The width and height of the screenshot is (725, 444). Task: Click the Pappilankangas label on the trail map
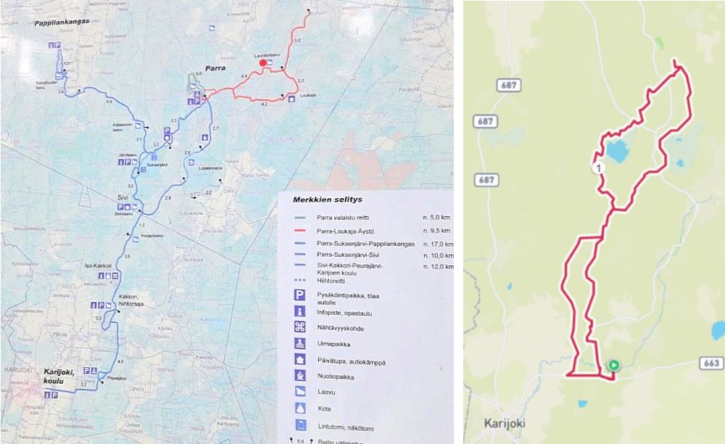point(62,22)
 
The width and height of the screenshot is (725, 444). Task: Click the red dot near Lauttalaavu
point(262,63)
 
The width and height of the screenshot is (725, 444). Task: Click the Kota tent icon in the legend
point(299,408)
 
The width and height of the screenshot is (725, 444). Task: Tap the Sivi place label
point(123,197)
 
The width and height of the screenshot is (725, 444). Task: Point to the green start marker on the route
point(614,366)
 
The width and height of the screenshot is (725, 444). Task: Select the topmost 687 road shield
point(509,86)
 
